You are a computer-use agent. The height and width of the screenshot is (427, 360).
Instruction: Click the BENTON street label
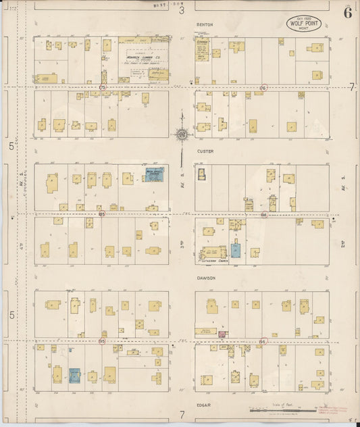(205, 25)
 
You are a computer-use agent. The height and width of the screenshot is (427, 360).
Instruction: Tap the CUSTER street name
(205, 153)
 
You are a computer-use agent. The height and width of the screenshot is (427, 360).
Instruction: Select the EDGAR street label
(205, 405)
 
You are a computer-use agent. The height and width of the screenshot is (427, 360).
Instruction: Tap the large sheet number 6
(347, 12)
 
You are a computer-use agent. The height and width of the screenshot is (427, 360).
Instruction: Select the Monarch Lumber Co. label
(141, 59)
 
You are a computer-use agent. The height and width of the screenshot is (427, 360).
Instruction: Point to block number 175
(103, 88)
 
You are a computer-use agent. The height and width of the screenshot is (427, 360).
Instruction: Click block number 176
(263, 88)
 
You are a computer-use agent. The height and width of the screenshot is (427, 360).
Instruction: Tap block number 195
(102, 341)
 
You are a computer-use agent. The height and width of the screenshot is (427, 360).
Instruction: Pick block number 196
(262, 341)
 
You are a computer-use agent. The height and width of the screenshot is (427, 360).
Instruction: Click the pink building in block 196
(222, 334)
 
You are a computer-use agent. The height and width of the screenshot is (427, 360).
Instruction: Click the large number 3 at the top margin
(181, 9)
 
